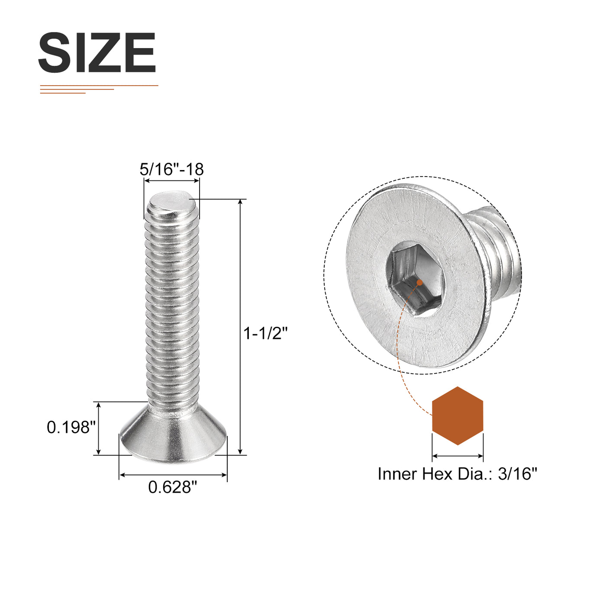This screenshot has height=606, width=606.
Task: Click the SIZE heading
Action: pyautogui.click(x=97, y=52)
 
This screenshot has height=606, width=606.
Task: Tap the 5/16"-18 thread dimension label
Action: pyautogui.click(x=172, y=169)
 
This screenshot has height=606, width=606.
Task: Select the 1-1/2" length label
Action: pyautogui.click(x=266, y=333)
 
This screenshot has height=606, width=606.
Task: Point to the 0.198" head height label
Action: pyautogui.click(x=71, y=427)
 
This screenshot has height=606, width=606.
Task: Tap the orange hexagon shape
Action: pyautogui.click(x=458, y=416)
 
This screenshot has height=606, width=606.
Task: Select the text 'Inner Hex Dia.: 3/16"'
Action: pyautogui.click(x=457, y=474)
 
